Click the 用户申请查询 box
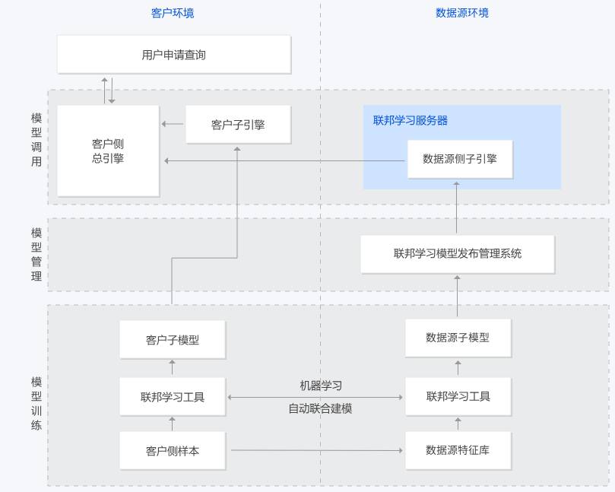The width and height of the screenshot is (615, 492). (173, 55)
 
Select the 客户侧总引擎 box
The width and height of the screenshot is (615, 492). (108, 151)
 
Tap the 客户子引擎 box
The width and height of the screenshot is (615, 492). (238, 125)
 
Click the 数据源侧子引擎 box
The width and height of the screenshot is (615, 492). (459, 159)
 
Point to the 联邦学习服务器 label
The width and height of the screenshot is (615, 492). (410, 120)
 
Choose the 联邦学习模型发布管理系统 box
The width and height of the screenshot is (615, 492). (457, 254)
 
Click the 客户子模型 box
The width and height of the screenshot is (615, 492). (173, 340)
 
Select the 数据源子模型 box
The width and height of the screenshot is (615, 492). (458, 338)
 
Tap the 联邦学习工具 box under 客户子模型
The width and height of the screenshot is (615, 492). (173, 397)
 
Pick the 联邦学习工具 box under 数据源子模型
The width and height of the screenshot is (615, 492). (458, 396)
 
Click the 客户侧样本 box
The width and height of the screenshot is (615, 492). (173, 450)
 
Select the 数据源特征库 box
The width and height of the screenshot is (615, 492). (458, 450)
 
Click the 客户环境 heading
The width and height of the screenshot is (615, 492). (173, 13)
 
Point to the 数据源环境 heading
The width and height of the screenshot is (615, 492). (462, 13)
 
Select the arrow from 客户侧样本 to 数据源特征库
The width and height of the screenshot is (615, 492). (315, 450)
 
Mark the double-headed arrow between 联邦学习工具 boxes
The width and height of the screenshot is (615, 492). (315, 397)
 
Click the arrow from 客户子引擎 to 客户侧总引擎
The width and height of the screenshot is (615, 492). (173, 124)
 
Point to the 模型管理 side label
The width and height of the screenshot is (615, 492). (36, 254)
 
